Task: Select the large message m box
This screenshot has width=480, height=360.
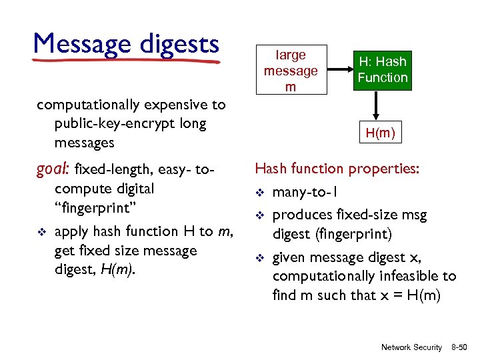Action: [290, 71]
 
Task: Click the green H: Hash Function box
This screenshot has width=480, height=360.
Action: [382, 70]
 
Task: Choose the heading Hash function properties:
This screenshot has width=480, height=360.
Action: [337, 169]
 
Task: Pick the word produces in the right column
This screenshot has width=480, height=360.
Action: [301, 215]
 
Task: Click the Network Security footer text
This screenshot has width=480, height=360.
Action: [411, 347]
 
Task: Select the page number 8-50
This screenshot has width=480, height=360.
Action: [459, 347]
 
